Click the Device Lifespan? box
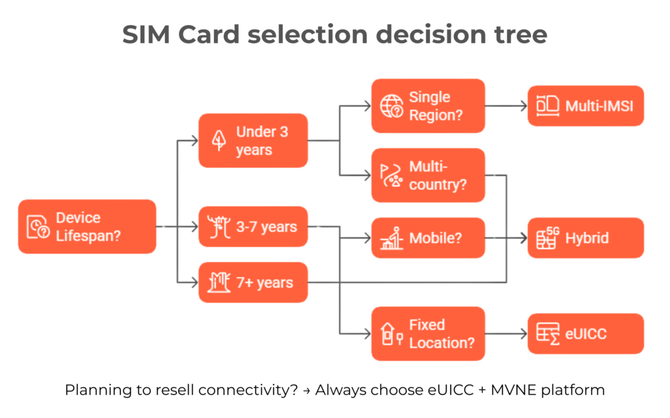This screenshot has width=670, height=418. pos(87,227)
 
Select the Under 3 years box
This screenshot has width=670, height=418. pos(253,140)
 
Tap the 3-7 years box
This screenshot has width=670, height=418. pos(253,227)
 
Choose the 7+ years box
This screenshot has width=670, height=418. pos(253,283)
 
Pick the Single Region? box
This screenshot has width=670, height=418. pos(428,105)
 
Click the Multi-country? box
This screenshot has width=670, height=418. pos(428,175)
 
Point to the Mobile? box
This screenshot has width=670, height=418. pos(428,238)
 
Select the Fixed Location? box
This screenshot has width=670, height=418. pos(428,333)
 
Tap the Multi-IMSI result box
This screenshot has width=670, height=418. pos(586,105)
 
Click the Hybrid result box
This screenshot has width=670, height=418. pos(586,238)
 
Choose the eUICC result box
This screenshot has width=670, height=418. pos(586,333)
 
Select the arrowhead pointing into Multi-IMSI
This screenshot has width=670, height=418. pos(523,105)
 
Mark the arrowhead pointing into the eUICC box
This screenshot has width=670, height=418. pos(523,333)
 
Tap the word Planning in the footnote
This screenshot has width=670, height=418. pos(92,390)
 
